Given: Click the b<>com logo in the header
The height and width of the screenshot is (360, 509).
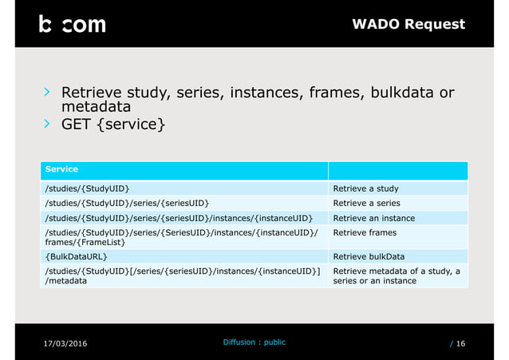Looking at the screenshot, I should [x=72, y=24].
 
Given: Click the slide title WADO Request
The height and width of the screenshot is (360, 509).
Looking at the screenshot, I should [x=408, y=24].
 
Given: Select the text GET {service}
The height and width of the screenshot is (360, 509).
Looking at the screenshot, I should [x=114, y=125].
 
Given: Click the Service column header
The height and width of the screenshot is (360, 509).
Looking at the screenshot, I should [x=61, y=169].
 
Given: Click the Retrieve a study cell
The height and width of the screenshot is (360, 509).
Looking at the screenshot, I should [x=365, y=188].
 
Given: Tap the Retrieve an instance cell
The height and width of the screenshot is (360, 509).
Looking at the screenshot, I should [x=373, y=218].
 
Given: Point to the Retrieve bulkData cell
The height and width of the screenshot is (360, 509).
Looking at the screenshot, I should [x=369, y=256].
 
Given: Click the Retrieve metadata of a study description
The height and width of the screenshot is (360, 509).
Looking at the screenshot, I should [x=396, y=276].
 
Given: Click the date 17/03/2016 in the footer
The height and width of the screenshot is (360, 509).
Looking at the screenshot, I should [x=64, y=343].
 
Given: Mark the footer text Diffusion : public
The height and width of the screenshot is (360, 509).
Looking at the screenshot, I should [x=253, y=342].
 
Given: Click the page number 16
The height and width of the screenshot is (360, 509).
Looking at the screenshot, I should [x=460, y=343].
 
